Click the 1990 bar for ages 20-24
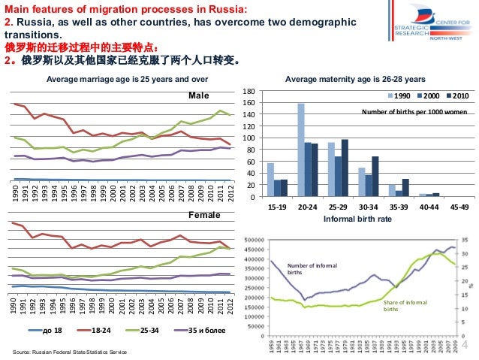pyautogui.click(x=301, y=150)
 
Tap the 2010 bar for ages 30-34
pyautogui.click(x=375, y=177)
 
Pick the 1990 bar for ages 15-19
pyautogui.click(x=270, y=180)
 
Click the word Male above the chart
pyautogui.click(x=197, y=96)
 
